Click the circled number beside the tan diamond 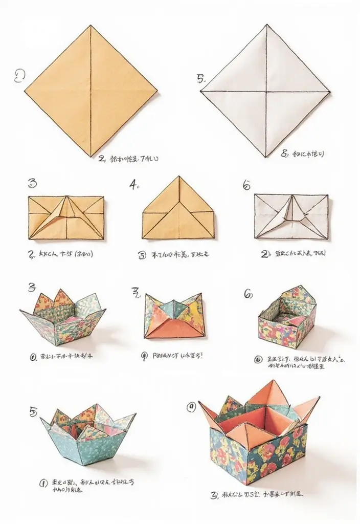(x=19, y=76)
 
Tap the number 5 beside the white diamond (x=200, y=78)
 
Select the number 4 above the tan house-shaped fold (x=134, y=185)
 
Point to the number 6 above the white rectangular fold (x=246, y=186)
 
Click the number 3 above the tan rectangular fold (x=32, y=183)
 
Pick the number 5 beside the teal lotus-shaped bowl (x=33, y=411)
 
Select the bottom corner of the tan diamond (x=91, y=156)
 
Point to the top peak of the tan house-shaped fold (x=178, y=177)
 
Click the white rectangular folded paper (x=291, y=216)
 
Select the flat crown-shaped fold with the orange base (x=174, y=316)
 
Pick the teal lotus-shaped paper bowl (x=88, y=433)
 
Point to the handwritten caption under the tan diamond (x=128, y=159)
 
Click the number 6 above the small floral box (x=248, y=293)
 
